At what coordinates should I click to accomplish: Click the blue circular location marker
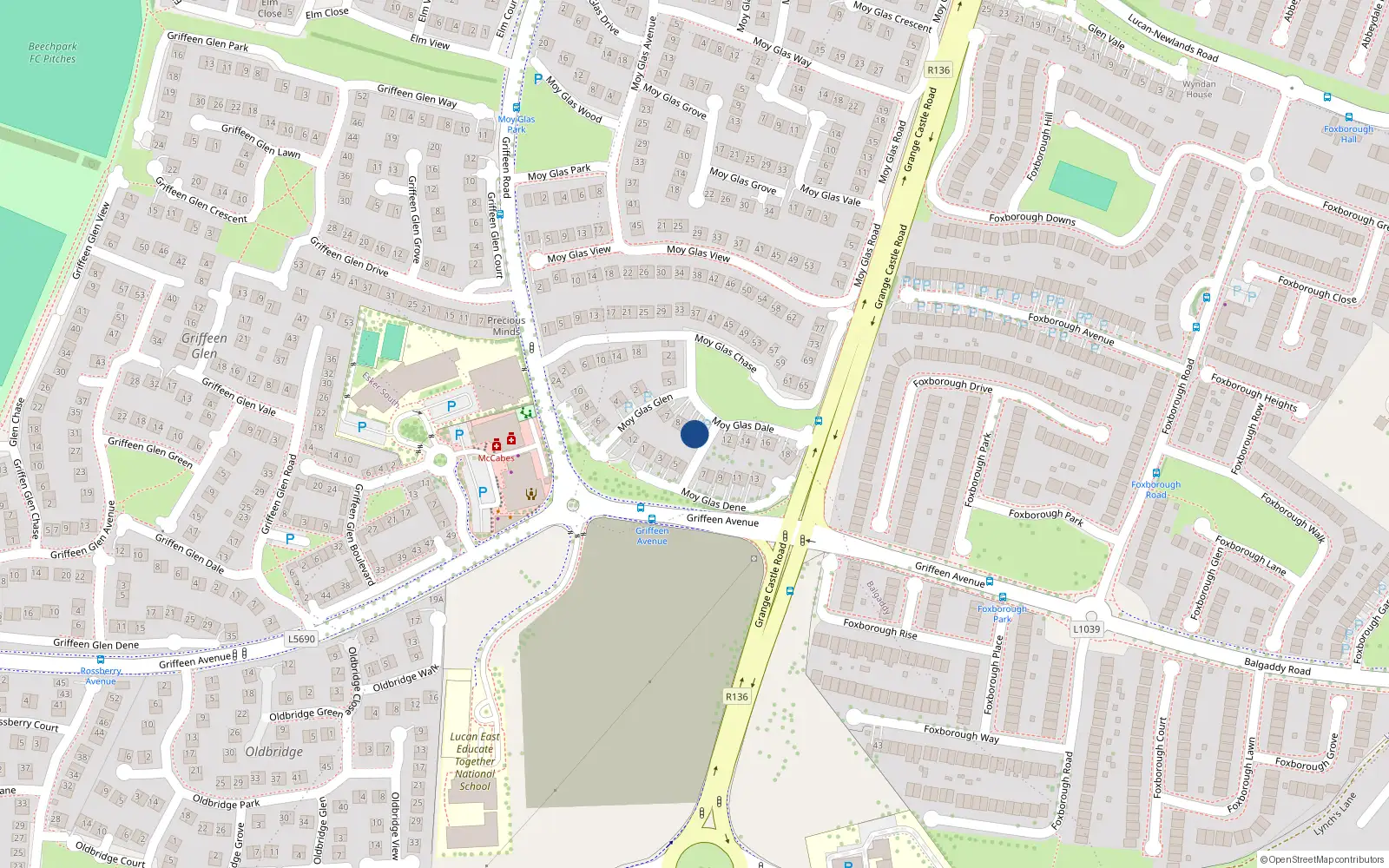694,434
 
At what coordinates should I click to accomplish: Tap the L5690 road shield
301,639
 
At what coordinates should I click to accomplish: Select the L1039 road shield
1086,629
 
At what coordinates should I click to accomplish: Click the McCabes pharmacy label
496,458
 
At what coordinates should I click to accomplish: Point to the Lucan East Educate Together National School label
475,761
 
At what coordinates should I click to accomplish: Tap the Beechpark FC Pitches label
52,53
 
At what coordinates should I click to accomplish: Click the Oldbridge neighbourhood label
274,752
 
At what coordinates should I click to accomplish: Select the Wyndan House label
1199,89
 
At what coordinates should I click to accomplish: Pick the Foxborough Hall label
1348,134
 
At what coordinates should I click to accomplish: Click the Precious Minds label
506,325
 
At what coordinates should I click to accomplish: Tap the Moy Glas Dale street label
743,425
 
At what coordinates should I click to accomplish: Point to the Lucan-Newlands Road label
1173,39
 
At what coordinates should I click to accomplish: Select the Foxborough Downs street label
1032,219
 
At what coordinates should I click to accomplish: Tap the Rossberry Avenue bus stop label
101,676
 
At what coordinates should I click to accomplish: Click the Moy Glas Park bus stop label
517,124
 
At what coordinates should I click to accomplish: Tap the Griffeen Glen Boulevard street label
359,535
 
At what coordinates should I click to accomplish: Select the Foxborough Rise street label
879,628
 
